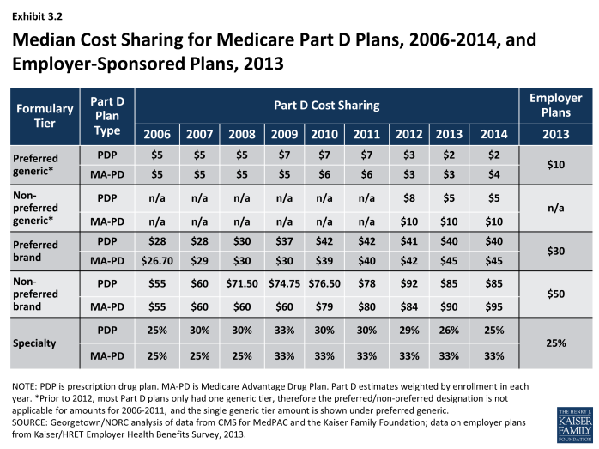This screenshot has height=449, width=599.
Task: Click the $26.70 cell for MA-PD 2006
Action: point(157,261)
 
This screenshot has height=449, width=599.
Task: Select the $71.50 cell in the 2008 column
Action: point(242,283)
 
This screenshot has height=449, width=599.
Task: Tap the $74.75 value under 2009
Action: point(284,283)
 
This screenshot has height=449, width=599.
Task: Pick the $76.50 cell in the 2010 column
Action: point(324,283)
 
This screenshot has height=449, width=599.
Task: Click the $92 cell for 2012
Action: point(409,283)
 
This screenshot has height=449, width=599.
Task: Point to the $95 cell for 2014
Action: point(494,306)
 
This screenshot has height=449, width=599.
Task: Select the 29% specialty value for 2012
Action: point(409,331)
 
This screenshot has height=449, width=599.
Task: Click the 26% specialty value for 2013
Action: point(449,331)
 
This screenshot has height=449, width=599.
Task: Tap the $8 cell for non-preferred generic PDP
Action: point(409,198)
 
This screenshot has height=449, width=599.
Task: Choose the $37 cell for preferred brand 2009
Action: point(284,241)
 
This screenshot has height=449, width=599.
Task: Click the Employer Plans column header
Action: point(556,105)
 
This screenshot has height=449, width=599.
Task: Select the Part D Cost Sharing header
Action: point(327,105)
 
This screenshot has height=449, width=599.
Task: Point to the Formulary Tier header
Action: point(45,116)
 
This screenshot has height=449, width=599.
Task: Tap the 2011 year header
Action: point(366,134)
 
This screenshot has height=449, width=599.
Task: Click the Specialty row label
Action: point(34,343)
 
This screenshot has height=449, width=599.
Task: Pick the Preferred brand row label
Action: point(35,251)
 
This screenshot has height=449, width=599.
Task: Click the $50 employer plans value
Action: point(556,294)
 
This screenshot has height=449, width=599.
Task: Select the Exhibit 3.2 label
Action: point(37,16)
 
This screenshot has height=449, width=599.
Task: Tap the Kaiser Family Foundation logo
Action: point(575,424)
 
